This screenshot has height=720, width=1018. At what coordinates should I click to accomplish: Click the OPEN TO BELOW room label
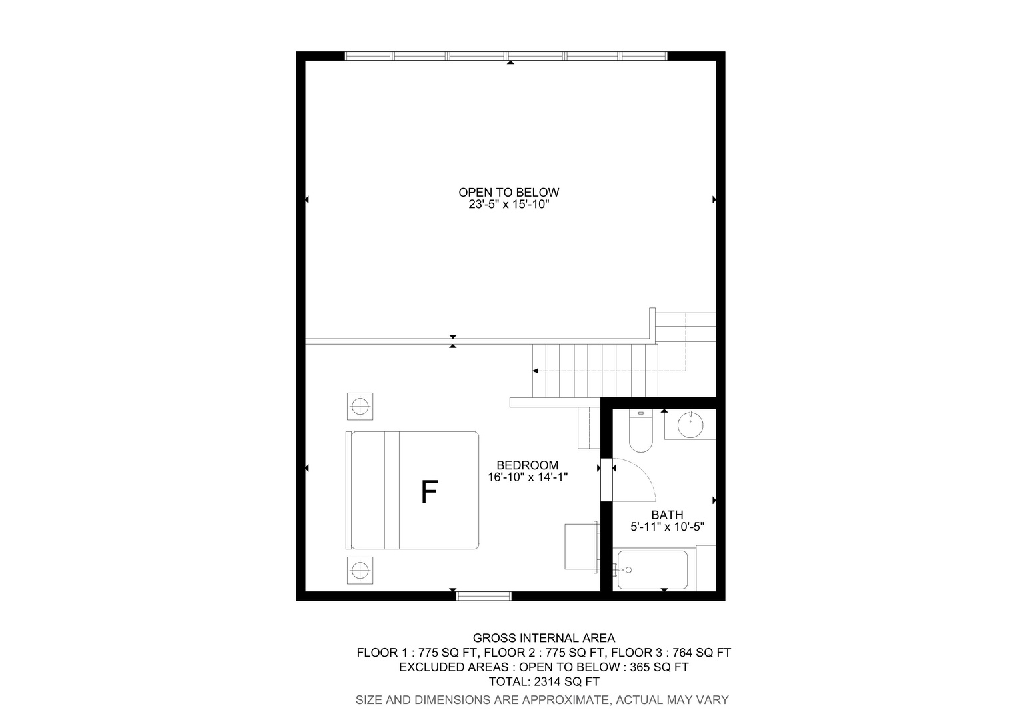[508, 193]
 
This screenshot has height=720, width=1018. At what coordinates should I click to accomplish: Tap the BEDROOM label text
[527, 465]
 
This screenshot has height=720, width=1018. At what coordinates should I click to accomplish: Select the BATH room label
[667, 515]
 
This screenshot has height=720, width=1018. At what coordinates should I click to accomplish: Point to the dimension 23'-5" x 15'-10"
[509, 205]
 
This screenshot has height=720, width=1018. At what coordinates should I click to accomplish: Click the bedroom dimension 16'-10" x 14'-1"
[528, 477]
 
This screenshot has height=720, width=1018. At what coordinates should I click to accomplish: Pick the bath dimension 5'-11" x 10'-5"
[667, 527]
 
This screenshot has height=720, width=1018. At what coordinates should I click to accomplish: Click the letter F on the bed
[430, 492]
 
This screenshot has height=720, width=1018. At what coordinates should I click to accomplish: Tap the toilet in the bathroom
[641, 431]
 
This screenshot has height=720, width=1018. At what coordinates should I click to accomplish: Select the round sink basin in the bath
[690, 425]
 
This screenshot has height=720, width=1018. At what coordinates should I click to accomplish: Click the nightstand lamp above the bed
[360, 406]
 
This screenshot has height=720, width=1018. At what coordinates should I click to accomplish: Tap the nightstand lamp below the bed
[360, 571]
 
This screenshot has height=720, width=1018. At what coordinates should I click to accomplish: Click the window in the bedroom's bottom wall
[484, 596]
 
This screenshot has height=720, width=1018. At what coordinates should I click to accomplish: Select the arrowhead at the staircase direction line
[536, 371]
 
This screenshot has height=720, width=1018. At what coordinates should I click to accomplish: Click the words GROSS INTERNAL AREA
[544, 638]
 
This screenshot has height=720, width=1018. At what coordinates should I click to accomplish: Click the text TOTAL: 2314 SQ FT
[544, 682]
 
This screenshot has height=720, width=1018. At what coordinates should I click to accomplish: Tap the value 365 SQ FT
[659, 667]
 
